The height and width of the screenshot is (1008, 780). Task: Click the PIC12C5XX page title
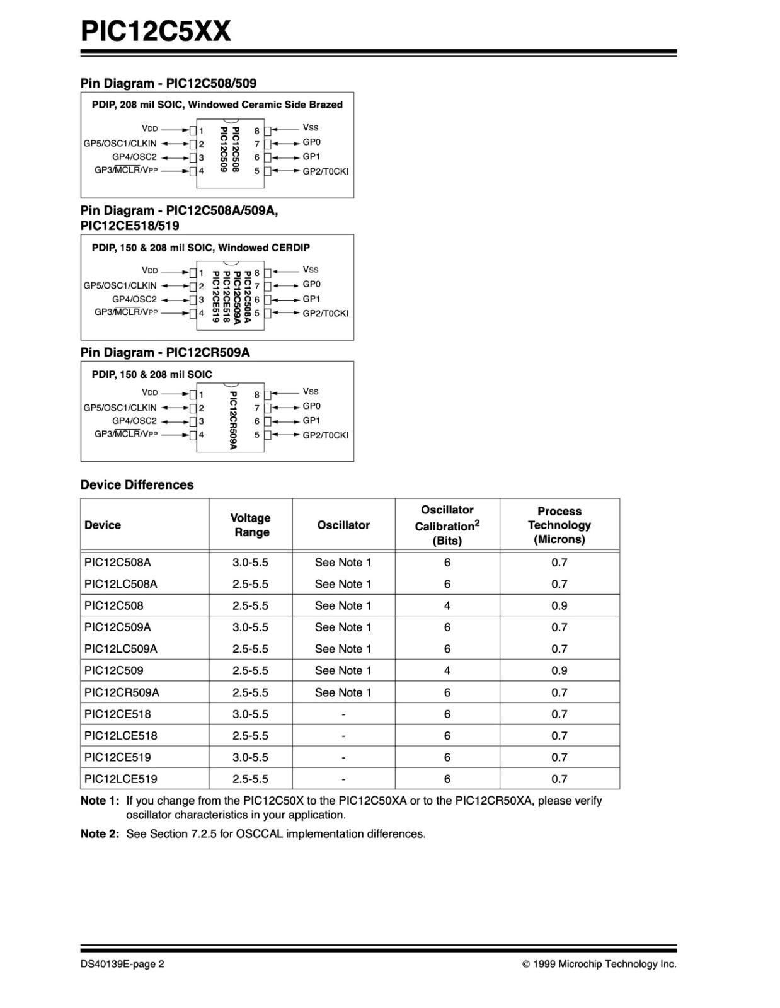click(x=156, y=30)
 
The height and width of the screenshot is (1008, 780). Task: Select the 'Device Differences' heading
click(x=137, y=484)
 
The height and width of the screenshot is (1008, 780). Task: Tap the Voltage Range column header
click(x=251, y=525)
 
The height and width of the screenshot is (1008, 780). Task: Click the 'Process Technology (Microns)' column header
click(x=559, y=525)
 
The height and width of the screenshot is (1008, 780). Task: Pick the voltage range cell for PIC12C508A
click(x=250, y=562)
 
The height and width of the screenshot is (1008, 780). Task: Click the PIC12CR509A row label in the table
click(x=122, y=692)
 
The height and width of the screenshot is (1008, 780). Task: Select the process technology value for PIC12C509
click(x=559, y=670)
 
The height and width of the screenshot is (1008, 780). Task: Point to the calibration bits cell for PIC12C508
click(x=447, y=605)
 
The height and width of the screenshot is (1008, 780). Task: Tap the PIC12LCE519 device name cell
click(x=121, y=779)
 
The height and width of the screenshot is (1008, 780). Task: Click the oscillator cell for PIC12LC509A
click(x=343, y=649)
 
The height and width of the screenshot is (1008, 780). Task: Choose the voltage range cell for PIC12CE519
click(x=250, y=757)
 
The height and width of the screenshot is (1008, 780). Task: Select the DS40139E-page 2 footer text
click(x=122, y=964)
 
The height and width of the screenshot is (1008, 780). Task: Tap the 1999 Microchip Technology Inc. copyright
click(x=599, y=964)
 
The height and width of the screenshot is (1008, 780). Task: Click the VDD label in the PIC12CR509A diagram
click(x=150, y=392)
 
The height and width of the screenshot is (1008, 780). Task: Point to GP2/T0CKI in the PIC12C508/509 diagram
click(x=325, y=171)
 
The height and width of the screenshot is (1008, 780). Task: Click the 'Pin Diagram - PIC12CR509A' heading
click(x=165, y=352)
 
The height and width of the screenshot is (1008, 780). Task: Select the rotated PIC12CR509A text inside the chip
click(x=233, y=420)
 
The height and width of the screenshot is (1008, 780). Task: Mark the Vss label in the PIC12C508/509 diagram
click(x=311, y=128)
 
